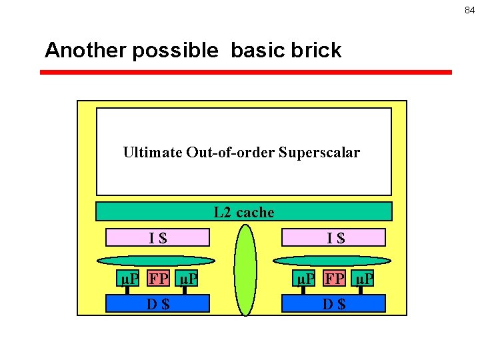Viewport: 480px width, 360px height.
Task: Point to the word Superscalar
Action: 319,153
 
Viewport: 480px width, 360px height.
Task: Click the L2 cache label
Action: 244,212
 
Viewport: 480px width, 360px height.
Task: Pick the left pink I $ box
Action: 158,237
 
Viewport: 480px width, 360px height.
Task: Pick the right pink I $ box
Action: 334,237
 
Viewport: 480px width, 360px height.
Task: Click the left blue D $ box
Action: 158,304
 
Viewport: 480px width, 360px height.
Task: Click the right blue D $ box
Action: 334,304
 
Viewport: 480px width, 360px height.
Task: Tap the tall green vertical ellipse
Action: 245,270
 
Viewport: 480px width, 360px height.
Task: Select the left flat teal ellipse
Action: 158,261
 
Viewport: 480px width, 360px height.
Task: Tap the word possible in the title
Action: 175,51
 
